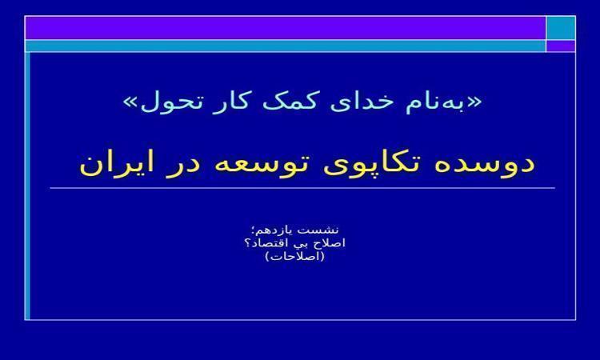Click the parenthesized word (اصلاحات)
(295, 256)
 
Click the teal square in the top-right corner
(561, 28)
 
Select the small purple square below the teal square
(561, 46)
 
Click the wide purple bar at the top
(286, 28)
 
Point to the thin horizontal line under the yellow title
(302, 188)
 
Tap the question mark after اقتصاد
(247, 243)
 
